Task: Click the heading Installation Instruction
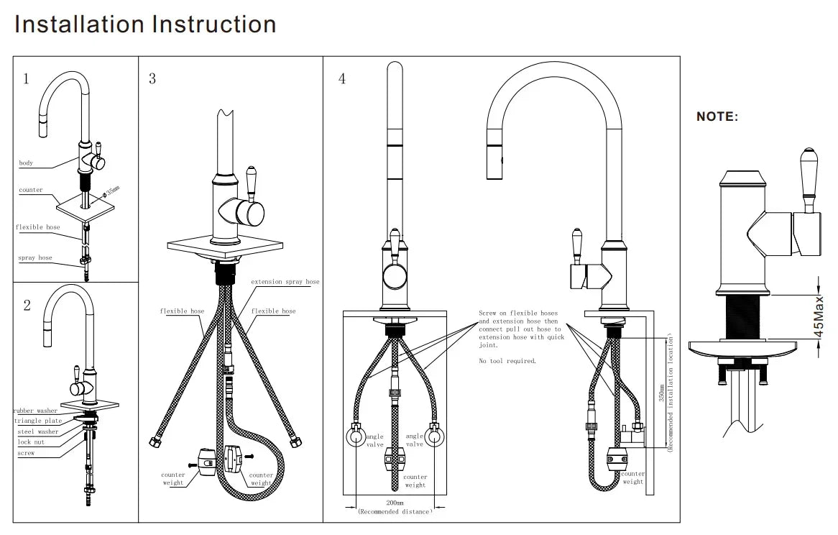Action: pos(145,24)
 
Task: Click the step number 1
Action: pos(26,78)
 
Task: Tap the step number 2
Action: pos(27,305)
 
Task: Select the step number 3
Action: pos(152,78)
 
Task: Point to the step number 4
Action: pos(342,78)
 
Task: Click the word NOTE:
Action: pos(717,116)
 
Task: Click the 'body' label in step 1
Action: pos(26,163)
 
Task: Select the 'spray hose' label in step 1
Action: pos(34,257)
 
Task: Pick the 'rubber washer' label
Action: pos(36,411)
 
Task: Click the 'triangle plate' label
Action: pos(38,421)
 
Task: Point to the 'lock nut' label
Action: pos(31,442)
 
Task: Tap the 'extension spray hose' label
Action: pos(285,282)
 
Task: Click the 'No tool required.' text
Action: pos(507,361)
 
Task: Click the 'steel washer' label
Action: pos(37,431)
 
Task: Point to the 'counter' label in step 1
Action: pos(31,191)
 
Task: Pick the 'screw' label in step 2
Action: pos(26,453)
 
